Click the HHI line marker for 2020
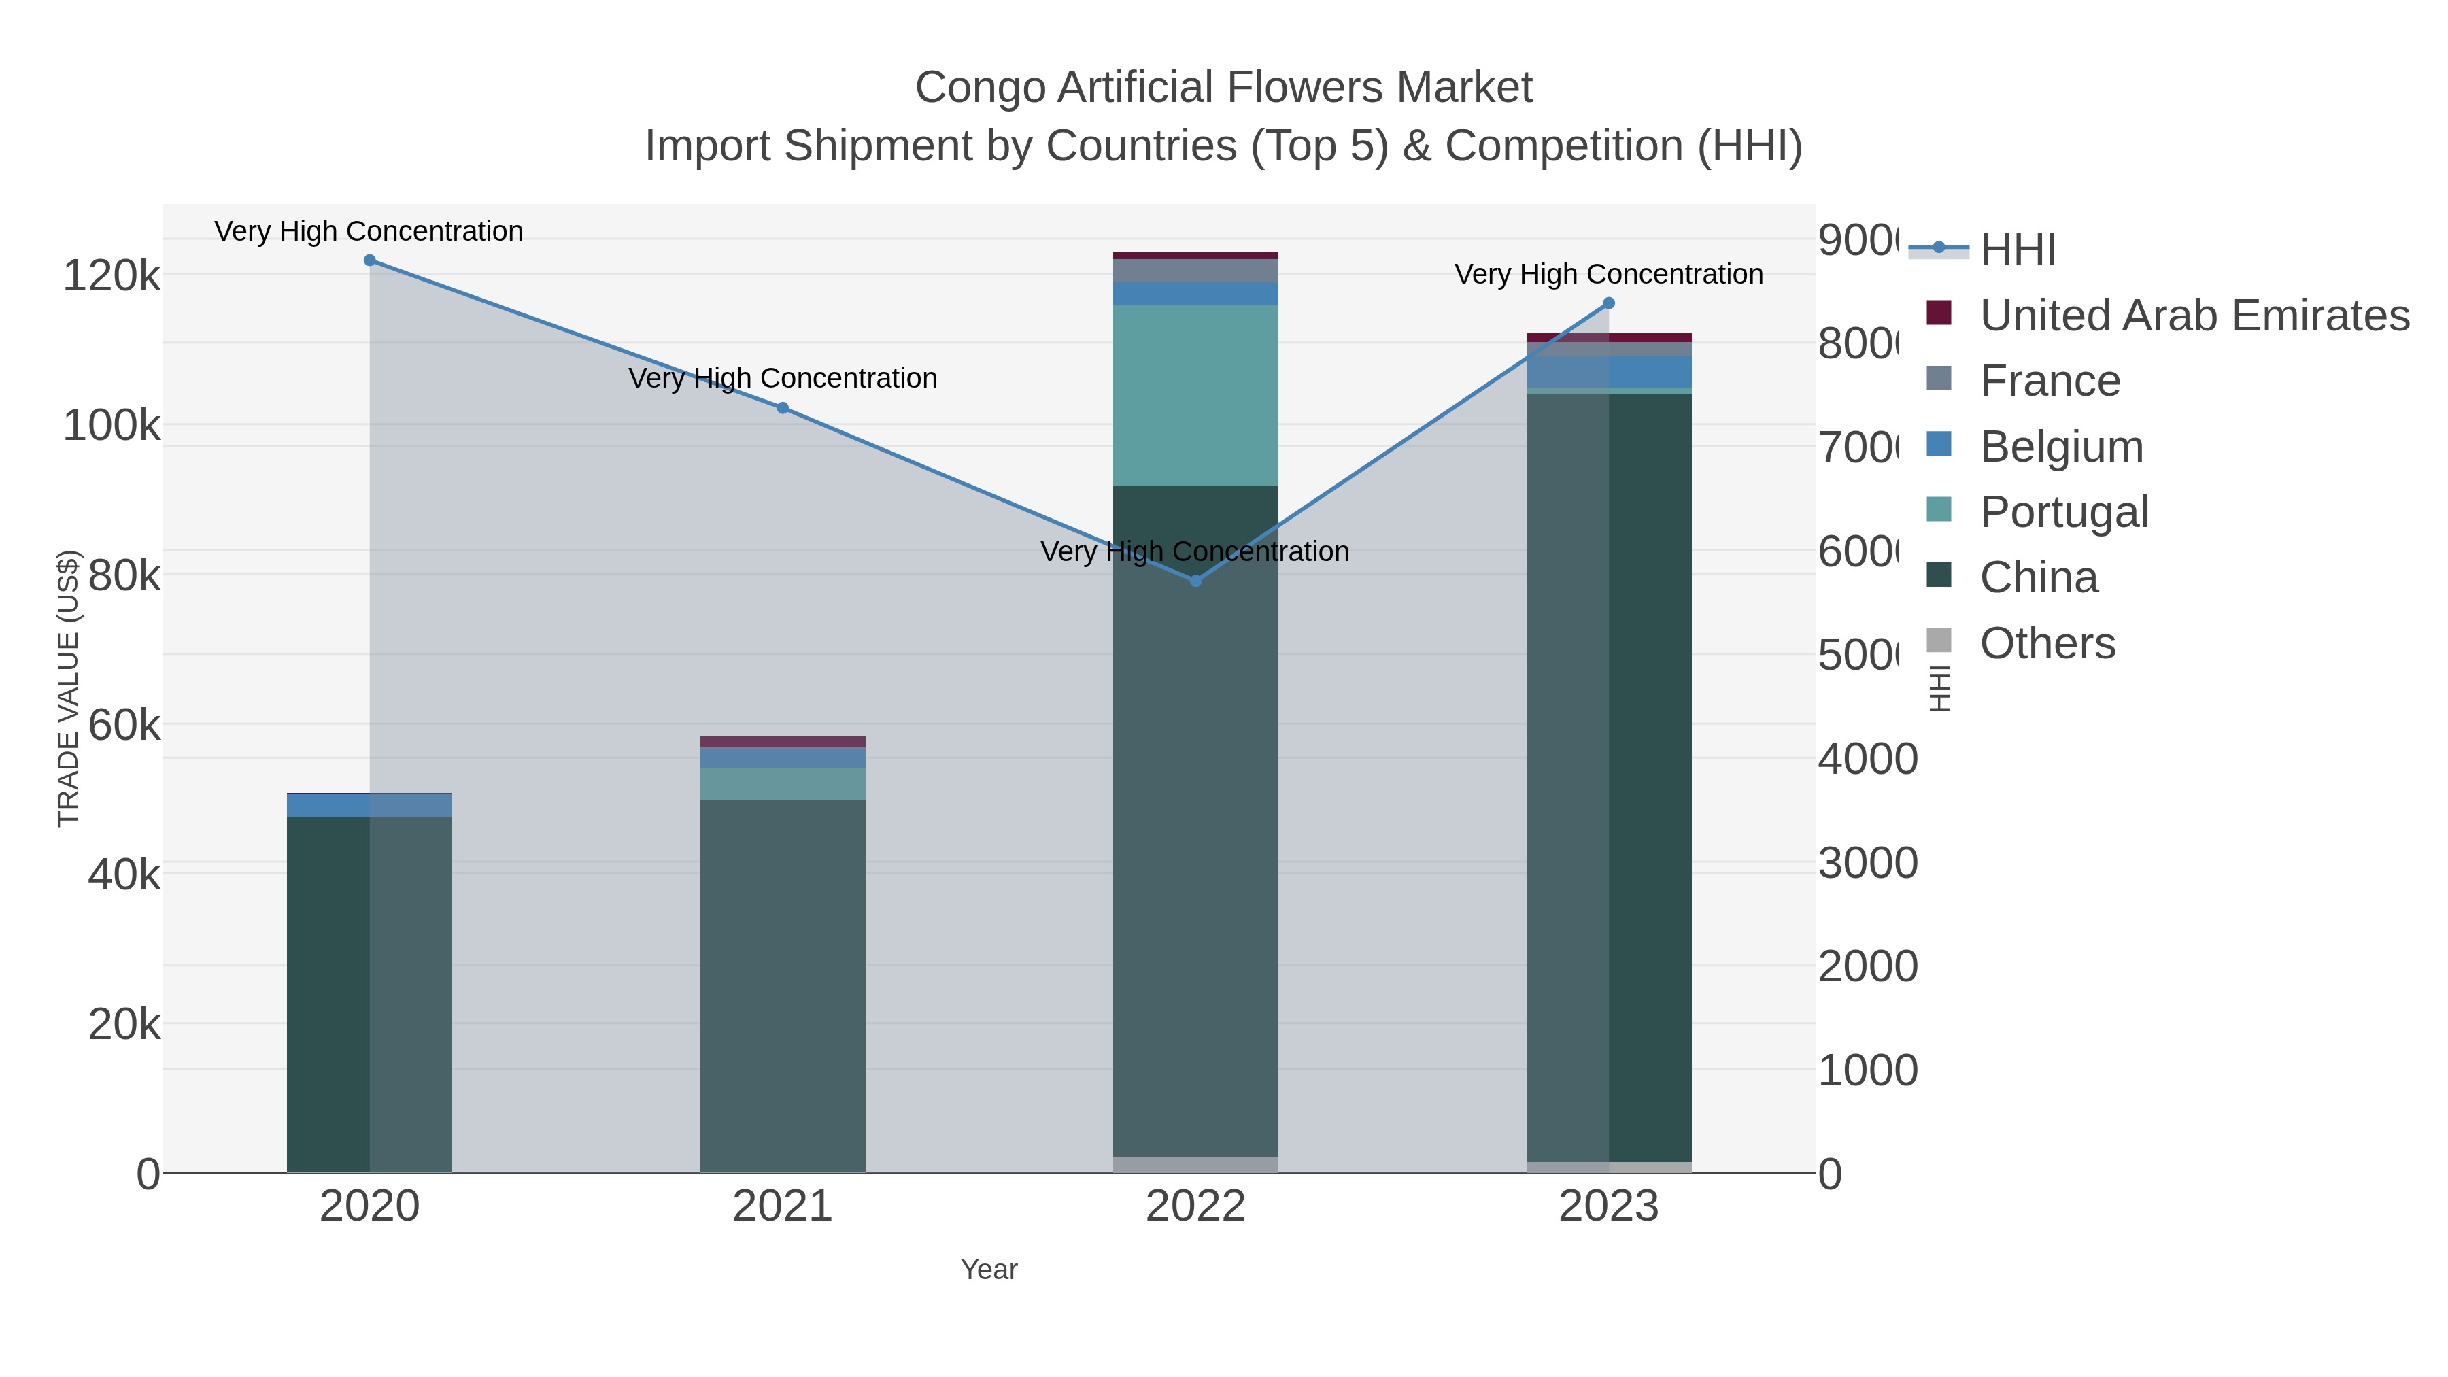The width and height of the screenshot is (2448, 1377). point(370,260)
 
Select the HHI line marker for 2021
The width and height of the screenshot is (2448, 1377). point(783,408)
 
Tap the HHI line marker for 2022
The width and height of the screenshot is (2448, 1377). point(1195,581)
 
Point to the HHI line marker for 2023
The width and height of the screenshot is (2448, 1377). point(1609,303)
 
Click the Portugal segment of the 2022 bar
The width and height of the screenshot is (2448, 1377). point(1195,395)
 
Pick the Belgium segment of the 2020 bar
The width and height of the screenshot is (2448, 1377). point(370,806)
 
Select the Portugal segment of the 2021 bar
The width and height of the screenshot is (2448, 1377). point(783,783)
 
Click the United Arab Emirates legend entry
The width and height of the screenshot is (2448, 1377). point(2193,315)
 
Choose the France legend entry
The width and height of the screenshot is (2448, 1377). point(2050,381)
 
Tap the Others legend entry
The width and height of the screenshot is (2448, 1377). point(2047,643)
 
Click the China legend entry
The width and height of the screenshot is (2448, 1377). point(2039,578)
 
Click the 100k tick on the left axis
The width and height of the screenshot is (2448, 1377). point(112,426)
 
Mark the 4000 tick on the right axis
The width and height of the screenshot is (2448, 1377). point(1867,760)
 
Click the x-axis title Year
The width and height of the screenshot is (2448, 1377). point(989,1270)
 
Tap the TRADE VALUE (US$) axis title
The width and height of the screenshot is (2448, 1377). point(69,688)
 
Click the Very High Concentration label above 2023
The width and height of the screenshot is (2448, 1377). point(1609,273)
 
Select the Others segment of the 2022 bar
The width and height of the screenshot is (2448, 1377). point(1195,1164)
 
